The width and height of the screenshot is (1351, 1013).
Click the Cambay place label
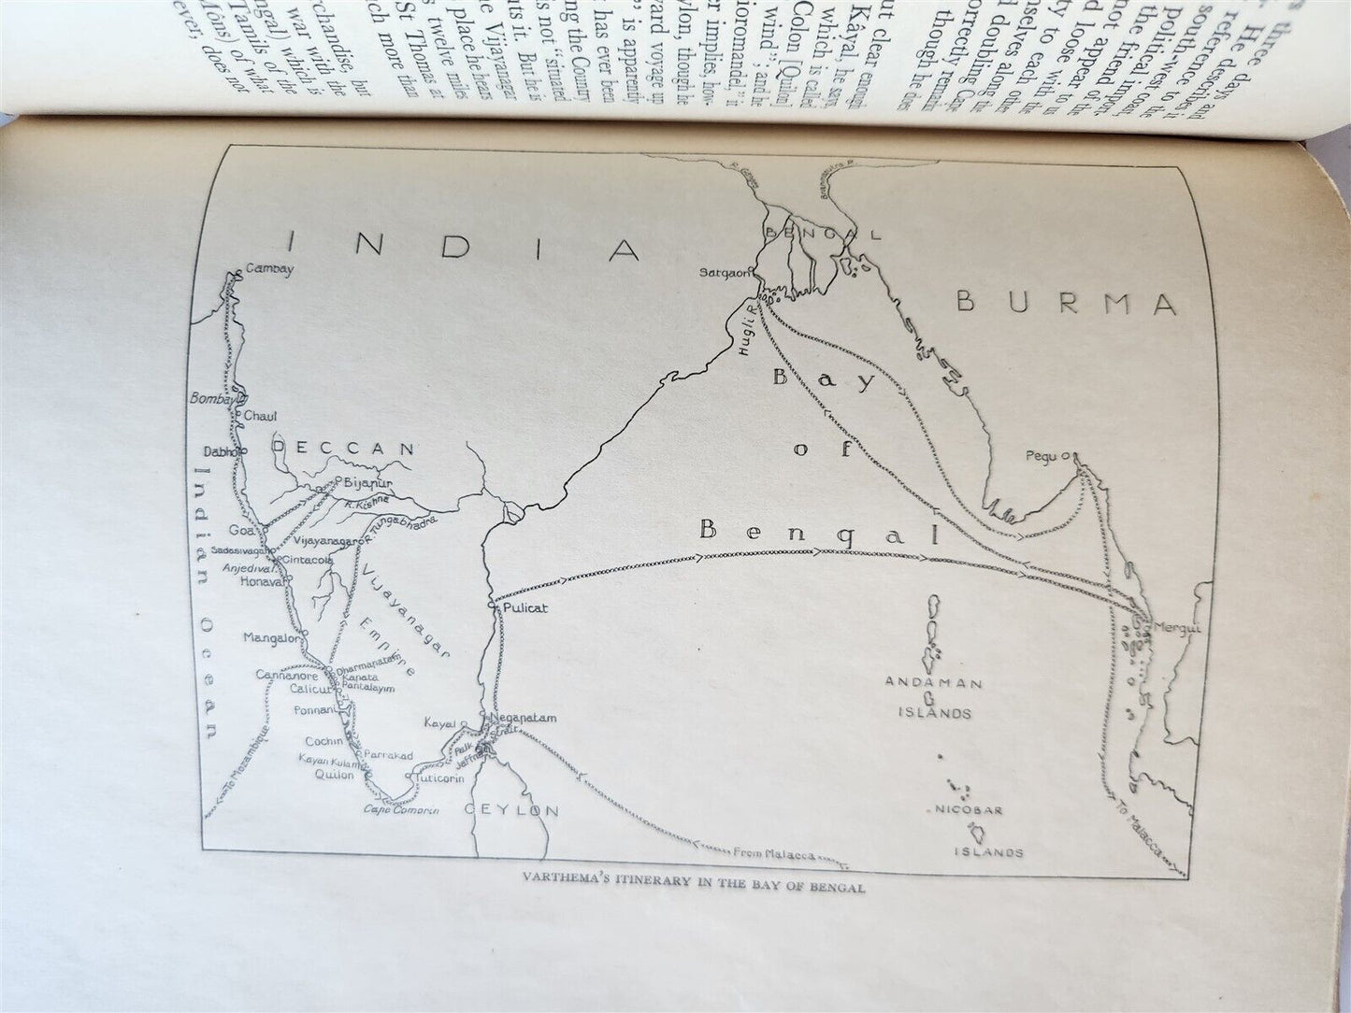coord(269,269)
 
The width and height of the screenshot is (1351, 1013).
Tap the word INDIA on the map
coord(462,246)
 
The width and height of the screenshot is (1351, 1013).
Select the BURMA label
coord(1066,304)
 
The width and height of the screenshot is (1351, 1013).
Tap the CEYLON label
coord(511,810)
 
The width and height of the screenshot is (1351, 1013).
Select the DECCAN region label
coord(343,449)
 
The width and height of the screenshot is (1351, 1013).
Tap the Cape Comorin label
coord(401,809)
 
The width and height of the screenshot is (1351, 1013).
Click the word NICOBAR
coord(969,809)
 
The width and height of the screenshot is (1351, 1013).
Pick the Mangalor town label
coord(271,638)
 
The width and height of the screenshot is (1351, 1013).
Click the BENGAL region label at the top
coord(823,234)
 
